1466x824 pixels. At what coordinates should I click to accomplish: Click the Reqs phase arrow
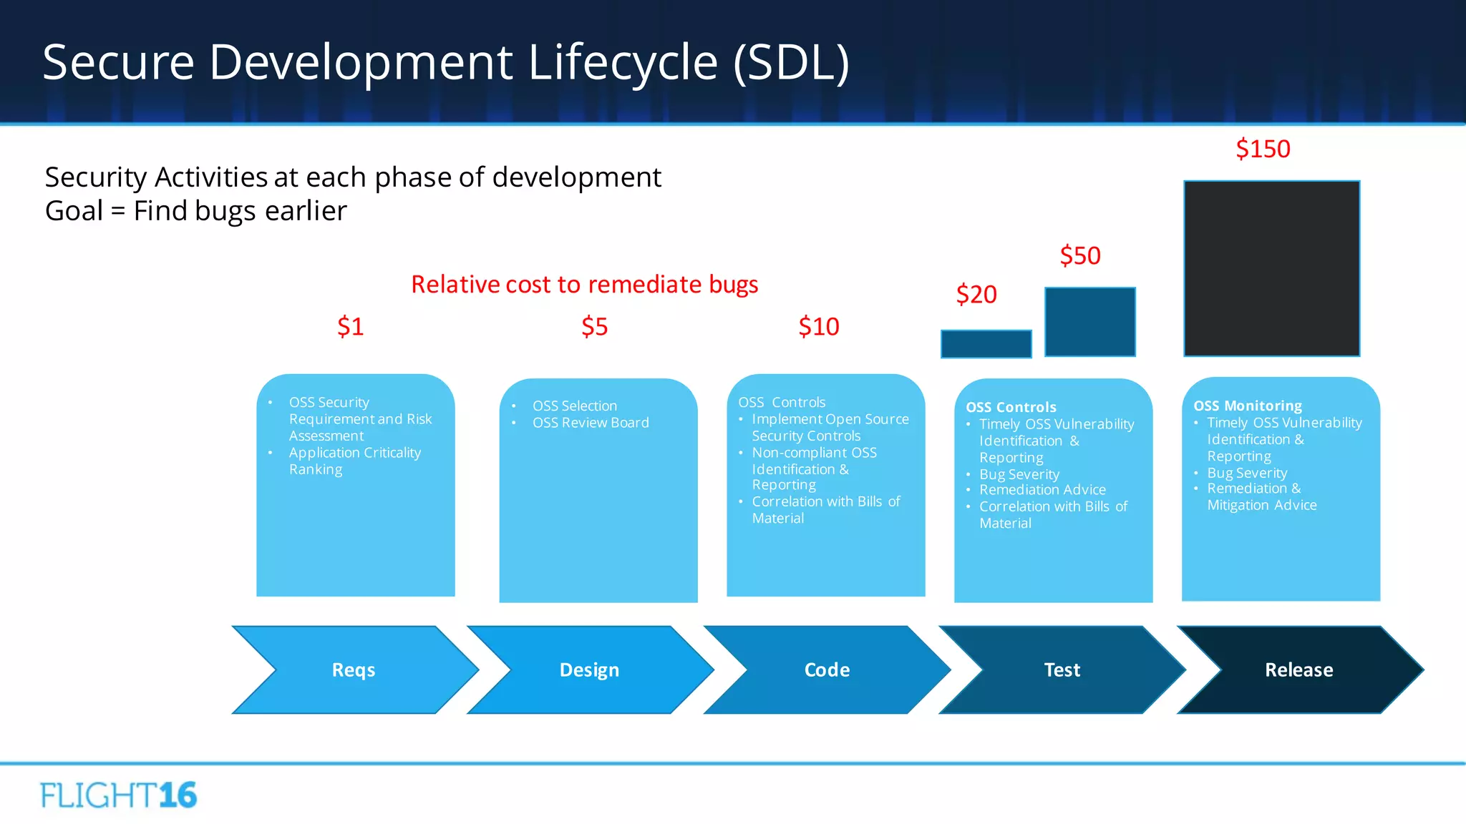point(354,670)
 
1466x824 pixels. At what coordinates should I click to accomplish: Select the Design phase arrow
point(589,670)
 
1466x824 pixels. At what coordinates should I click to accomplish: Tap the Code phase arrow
point(827,670)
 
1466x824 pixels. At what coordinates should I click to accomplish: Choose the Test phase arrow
point(1062,670)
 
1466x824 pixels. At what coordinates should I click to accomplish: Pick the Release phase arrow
point(1298,670)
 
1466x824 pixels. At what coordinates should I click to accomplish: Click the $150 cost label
point(1263,149)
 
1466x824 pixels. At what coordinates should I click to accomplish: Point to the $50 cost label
point(1080,255)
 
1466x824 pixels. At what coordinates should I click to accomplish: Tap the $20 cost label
point(976,294)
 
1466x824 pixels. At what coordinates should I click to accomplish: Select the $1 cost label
point(351,326)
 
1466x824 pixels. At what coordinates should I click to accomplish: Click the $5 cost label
point(594,326)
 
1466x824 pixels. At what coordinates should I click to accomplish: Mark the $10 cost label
point(819,326)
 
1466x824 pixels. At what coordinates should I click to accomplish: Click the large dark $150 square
point(1271,268)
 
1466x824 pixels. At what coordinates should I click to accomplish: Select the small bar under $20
point(986,344)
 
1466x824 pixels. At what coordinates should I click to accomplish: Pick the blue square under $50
point(1089,322)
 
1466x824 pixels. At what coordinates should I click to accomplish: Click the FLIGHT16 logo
point(119,795)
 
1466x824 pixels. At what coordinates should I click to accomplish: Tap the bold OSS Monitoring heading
point(1248,406)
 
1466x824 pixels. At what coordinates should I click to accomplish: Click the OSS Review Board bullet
point(591,423)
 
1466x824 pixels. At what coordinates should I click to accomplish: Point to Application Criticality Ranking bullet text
point(354,461)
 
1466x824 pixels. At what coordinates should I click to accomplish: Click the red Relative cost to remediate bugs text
point(584,285)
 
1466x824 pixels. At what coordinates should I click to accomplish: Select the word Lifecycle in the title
point(623,62)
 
